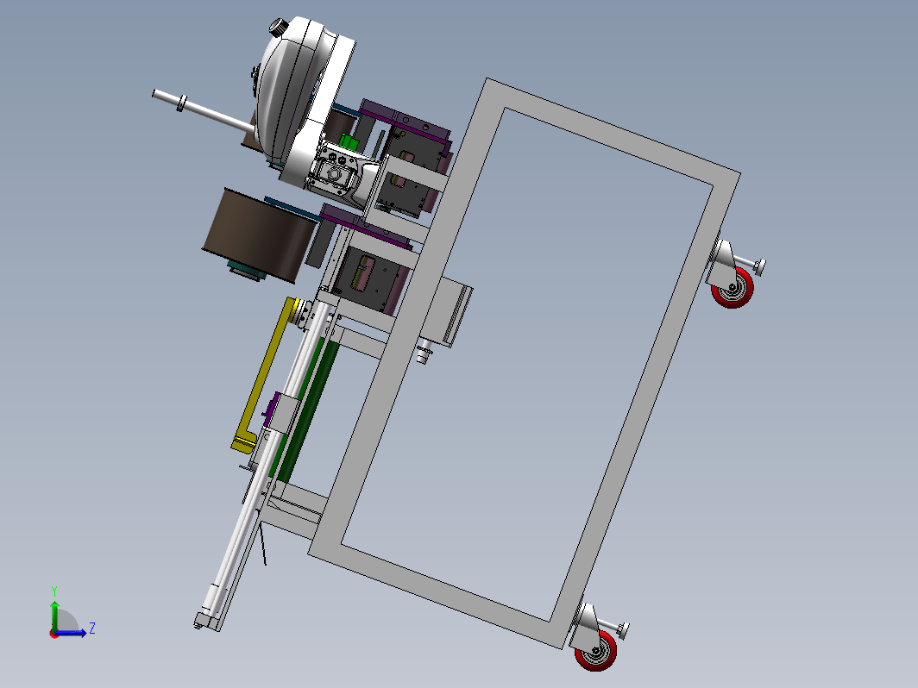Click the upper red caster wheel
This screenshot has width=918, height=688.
pyautogui.click(x=733, y=288)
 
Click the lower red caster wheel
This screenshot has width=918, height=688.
pyautogui.click(x=596, y=650)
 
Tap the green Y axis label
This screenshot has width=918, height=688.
pyautogui.click(x=53, y=591)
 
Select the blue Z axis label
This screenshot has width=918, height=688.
pyautogui.click(x=92, y=629)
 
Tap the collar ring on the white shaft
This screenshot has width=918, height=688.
pyautogui.click(x=181, y=103)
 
